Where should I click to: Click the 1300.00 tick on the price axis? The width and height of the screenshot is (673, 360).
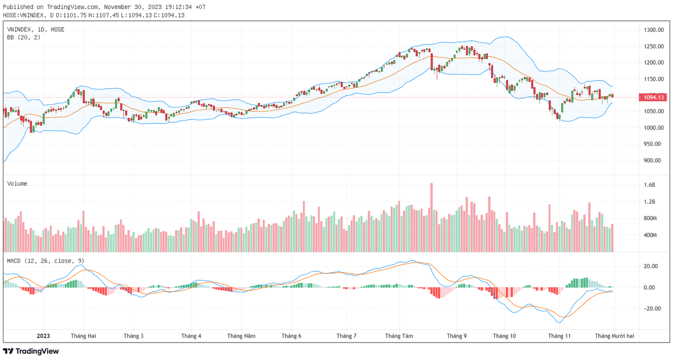pyautogui.click(x=654, y=30)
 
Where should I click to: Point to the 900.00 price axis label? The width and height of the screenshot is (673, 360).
pyautogui.click(x=654, y=161)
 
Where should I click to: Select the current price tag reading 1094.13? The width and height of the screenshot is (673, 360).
pyautogui.click(x=654, y=97)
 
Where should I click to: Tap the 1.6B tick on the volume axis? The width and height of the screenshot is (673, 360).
pyautogui.click(x=649, y=185)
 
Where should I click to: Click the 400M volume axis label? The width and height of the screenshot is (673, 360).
pyautogui.click(x=651, y=235)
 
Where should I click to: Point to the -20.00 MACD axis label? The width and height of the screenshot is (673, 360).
pyautogui.click(x=652, y=308)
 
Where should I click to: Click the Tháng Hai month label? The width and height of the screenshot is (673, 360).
pyautogui.click(x=84, y=336)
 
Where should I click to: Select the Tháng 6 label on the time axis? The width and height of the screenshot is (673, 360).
pyautogui.click(x=292, y=336)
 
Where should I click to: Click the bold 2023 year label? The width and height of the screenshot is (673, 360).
pyautogui.click(x=43, y=336)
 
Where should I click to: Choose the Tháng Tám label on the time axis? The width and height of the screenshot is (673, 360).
pyautogui.click(x=399, y=336)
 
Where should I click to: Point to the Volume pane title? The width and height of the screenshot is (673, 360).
pyautogui.click(x=17, y=183)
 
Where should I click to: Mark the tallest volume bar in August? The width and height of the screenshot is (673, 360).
pyautogui.click(x=431, y=217)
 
